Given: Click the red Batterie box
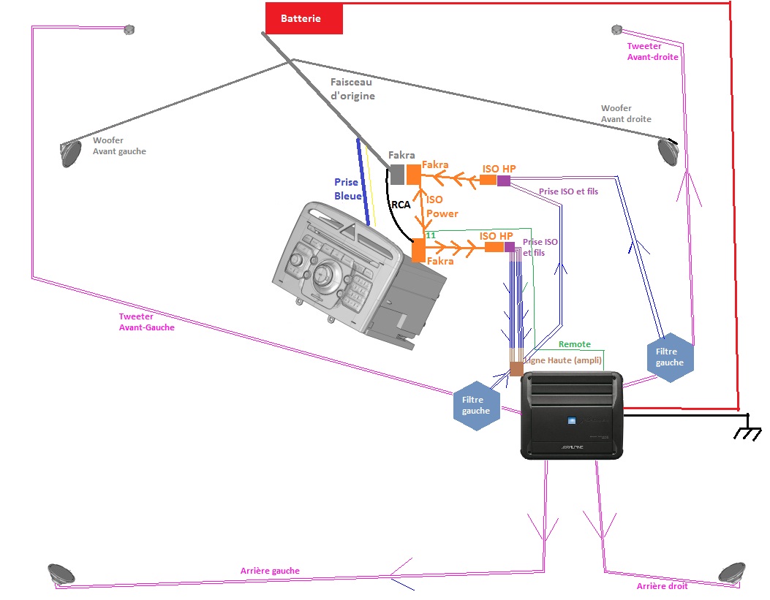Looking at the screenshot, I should [x=303, y=18].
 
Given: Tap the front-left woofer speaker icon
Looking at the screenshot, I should [x=71, y=153].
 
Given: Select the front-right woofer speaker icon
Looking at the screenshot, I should [x=668, y=151].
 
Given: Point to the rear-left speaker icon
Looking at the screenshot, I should [x=59, y=574].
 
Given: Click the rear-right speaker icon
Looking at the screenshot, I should [x=731, y=572].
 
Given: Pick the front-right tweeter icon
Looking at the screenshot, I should [x=616, y=29].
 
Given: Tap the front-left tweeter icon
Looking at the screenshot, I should [x=129, y=29].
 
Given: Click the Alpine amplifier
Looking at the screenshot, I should [x=572, y=415].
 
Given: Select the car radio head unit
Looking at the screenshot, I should [x=351, y=270].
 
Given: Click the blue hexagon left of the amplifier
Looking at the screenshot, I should [x=476, y=406].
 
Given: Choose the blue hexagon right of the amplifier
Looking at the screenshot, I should [x=670, y=357].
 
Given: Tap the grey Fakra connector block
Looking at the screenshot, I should [x=396, y=174].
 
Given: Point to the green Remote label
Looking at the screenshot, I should [x=575, y=343].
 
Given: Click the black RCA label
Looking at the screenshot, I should [x=401, y=205].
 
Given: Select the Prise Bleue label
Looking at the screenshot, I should [x=347, y=189].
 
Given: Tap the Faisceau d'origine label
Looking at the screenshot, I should [x=352, y=89].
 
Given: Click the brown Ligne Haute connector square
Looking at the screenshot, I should [x=516, y=368].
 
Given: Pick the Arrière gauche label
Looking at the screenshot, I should [x=270, y=571].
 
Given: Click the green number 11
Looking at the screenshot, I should [x=430, y=235].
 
